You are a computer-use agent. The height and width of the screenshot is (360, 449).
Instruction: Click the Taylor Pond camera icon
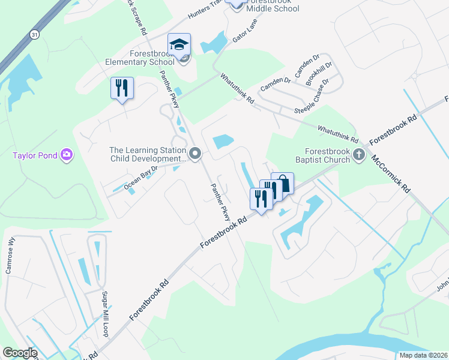click(x=67, y=155)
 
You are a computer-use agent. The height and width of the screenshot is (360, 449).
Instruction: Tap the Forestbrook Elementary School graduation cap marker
click(x=179, y=45)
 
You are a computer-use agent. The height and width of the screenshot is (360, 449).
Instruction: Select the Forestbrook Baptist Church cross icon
click(x=359, y=155)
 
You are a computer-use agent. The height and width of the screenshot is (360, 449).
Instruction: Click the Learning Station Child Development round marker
click(x=194, y=155)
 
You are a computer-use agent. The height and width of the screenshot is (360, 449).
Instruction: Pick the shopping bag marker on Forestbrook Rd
click(x=283, y=184)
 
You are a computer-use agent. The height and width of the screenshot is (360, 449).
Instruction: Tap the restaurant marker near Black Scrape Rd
click(x=122, y=88)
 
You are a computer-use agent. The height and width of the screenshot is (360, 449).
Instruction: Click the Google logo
click(x=20, y=353)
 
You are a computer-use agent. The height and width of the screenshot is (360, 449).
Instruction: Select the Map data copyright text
click(x=424, y=355)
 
